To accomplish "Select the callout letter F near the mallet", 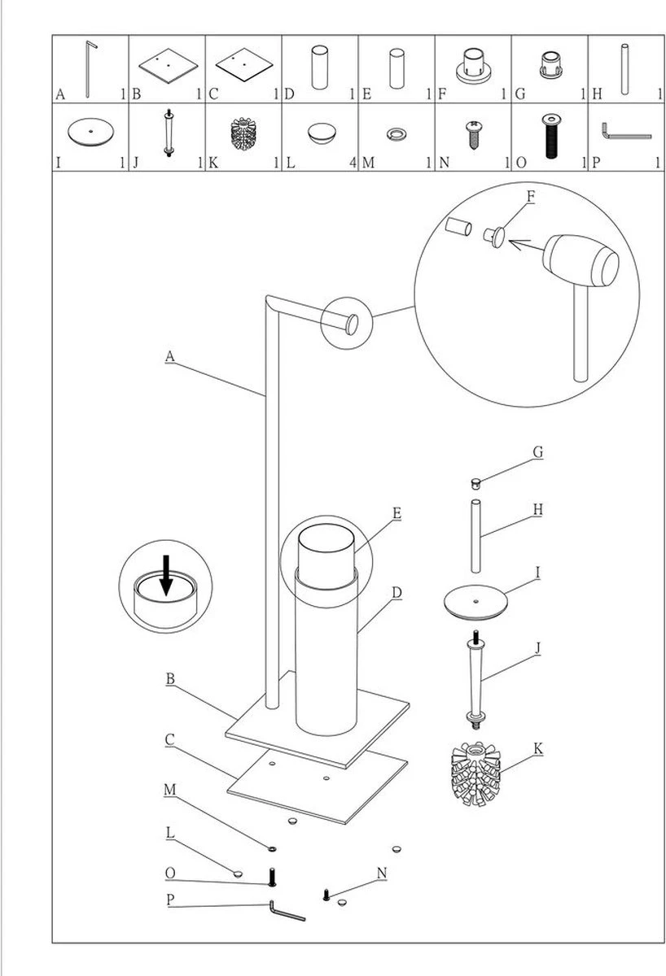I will [x=531, y=197].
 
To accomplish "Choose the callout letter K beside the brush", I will [x=537, y=747].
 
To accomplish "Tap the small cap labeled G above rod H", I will [x=476, y=483].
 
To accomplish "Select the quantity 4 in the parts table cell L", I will [x=353, y=163].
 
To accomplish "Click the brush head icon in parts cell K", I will [x=243, y=133].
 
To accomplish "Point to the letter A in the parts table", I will [x=60, y=94].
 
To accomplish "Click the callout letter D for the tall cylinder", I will [x=397, y=592].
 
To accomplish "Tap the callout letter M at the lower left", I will [x=169, y=790].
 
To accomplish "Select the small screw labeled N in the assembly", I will [x=327, y=895].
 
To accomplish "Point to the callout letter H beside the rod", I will [x=537, y=509].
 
